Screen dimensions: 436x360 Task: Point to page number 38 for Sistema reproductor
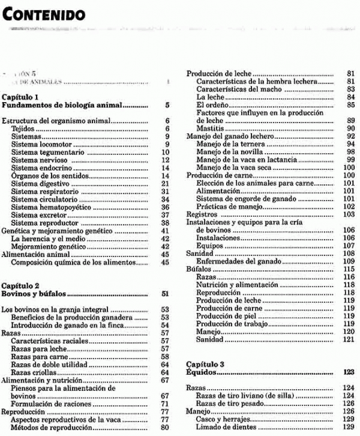coord(166,223)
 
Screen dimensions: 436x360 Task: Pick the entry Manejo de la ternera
coord(229,144)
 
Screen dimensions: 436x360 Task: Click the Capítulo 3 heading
coord(205,364)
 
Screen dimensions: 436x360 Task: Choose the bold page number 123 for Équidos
coord(349,372)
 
